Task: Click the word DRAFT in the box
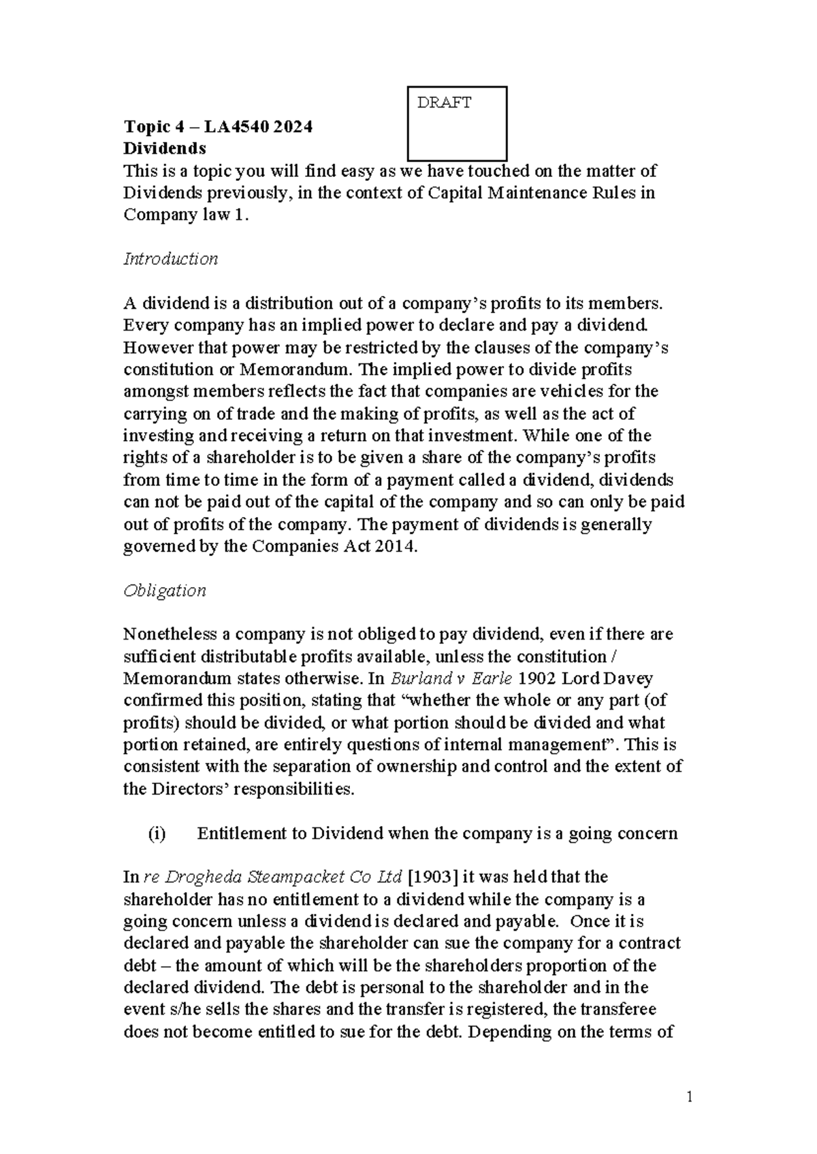(x=444, y=103)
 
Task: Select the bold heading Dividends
(x=164, y=148)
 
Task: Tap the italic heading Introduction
(x=170, y=259)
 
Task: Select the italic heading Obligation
(x=164, y=591)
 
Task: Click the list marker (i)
(x=156, y=834)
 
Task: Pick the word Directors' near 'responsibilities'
(x=179, y=790)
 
